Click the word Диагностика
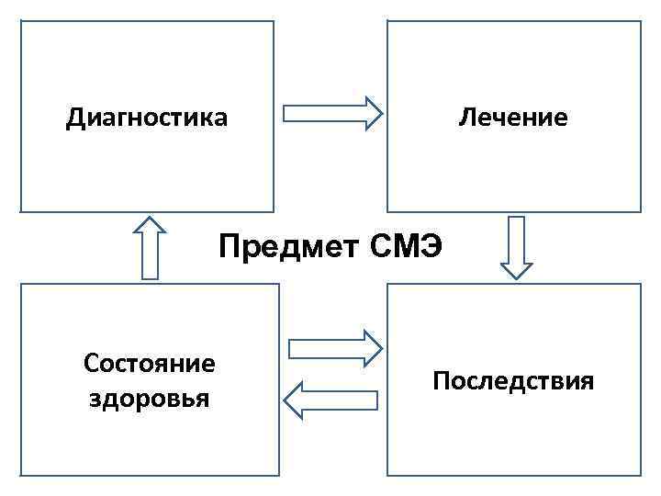point(147,118)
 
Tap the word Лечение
point(513,118)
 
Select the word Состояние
point(150,364)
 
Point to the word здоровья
point(150,400)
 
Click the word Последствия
point(513,381)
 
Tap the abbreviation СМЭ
point(407,246)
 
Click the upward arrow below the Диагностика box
point(149,247)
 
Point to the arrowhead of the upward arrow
point(149,225)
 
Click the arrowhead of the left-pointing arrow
point(293,400)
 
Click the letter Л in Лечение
point(465,118)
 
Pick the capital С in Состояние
point(90,364)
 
